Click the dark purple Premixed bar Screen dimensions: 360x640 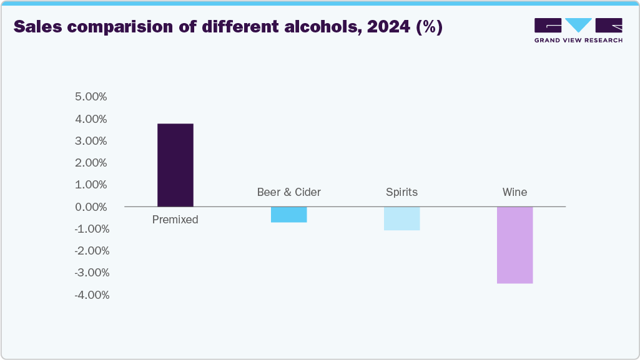click(175, 165)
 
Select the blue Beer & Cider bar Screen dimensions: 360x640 click(288, 215)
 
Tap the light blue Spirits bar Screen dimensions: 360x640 click(401, 218)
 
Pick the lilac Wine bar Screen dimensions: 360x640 click(514, 245)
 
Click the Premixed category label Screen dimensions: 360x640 click(175, 220)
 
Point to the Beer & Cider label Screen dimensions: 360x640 click(288, 192)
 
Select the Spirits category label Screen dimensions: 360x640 click(401, 192)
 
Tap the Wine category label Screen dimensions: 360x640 click(514, 192)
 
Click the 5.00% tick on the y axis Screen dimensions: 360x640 click(91, 97)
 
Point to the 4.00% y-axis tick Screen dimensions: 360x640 click(91, 119)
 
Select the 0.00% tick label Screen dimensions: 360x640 click(91, 207)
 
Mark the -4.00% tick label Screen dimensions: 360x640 click(91, 295)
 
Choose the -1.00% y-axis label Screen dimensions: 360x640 click(91, 229)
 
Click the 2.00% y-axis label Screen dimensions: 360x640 click(91, 163)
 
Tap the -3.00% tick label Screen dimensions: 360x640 click(91, 273)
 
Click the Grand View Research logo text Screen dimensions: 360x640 click(578, 40)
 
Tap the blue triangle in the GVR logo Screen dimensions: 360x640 click(578, 25)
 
